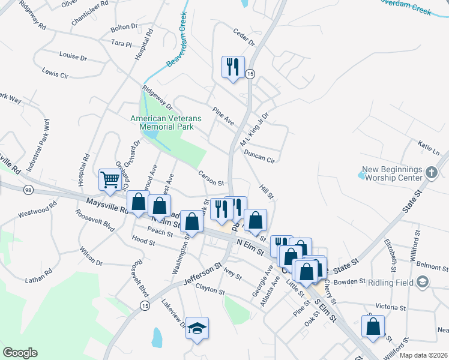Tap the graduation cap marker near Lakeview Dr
pyautogui.click(x=197, y=328)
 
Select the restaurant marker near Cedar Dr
pyautogui.click(x=232, y=66)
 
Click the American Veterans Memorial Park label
pyautogui.click(x=166, y=123)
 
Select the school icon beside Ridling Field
pyautogui.click(x=423, y=281)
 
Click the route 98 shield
pyautogui.click(x=28, y=190)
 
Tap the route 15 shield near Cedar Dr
pyautogui.click(x=250, y=73)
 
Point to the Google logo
pyautogui.click(x=20, y=352)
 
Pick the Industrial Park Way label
pyautogui.click(x=46, y=143)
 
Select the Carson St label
pyautogui.click(x=211, y=178)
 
